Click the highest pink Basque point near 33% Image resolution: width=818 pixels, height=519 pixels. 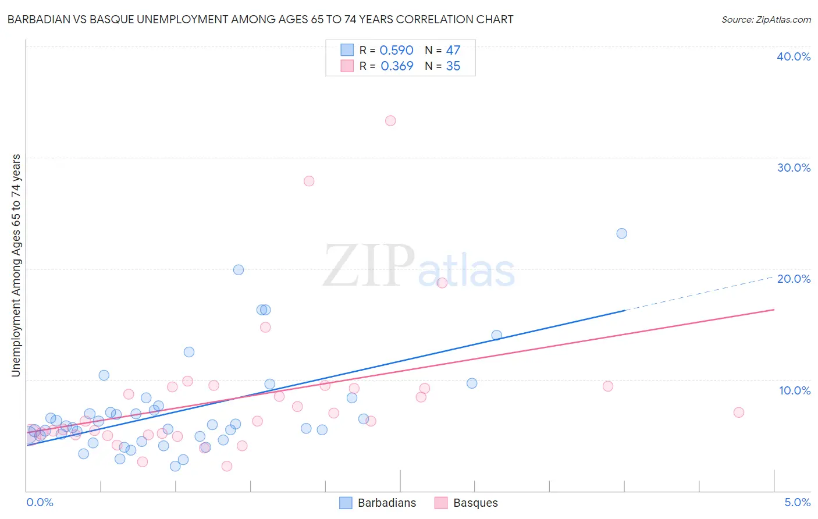tap(390, 121)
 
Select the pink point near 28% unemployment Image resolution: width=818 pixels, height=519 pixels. tap(309, 181)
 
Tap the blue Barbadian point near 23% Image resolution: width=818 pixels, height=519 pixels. tap(622, 233)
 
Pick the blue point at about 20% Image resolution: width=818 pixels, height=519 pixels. tap(239, 269)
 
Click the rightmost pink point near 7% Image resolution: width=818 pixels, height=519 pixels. tap(739, 413)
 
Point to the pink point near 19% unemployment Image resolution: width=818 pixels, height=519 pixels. tap(442, 283)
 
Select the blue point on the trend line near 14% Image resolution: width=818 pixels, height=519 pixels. tap(497, 335)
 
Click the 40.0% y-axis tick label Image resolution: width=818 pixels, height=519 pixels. tap(794, 56)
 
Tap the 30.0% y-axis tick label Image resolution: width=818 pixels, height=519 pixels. tap(794, 168)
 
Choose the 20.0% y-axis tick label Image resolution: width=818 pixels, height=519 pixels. tap(794, 279)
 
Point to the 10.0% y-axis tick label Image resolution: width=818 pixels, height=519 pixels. tap(795, 390)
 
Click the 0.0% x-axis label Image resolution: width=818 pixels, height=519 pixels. tap(40, 502)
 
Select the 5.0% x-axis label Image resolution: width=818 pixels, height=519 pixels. tap(797, 502)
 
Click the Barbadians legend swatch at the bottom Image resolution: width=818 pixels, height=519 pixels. tap(346, 503)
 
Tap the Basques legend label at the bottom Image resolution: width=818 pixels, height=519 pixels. tap(475, 503)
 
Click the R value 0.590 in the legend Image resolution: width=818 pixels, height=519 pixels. tap(396, 51)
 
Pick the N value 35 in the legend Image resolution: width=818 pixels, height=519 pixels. tap(453, 66)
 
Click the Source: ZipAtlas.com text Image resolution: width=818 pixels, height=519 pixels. tap(766, 19)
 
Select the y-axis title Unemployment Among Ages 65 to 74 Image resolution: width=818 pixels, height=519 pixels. tap(16, 265)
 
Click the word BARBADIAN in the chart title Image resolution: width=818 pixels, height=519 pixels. tap(37, 19)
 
